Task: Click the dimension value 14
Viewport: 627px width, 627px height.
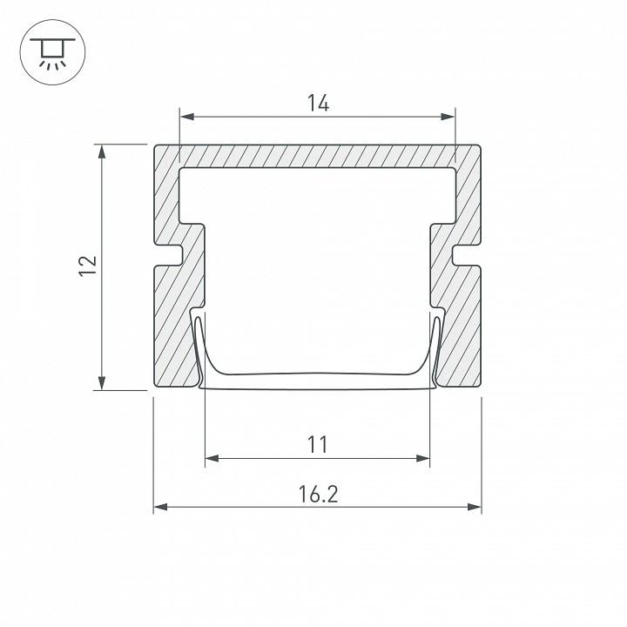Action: point(319,103)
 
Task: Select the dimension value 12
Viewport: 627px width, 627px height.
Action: point(88,265)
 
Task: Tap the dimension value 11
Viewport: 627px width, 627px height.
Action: point(318,444)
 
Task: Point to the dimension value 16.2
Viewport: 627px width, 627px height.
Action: point(319,494)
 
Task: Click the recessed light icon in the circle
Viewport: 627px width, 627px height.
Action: point(52,53)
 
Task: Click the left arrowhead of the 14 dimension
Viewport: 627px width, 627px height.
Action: point(187,117)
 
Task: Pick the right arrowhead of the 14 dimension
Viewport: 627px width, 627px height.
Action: point(448,117)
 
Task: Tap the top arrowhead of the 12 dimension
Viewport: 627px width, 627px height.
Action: point(102,152)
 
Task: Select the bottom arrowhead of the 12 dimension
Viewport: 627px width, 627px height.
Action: point(102,382)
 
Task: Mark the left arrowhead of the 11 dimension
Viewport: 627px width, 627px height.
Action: point(212,458)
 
